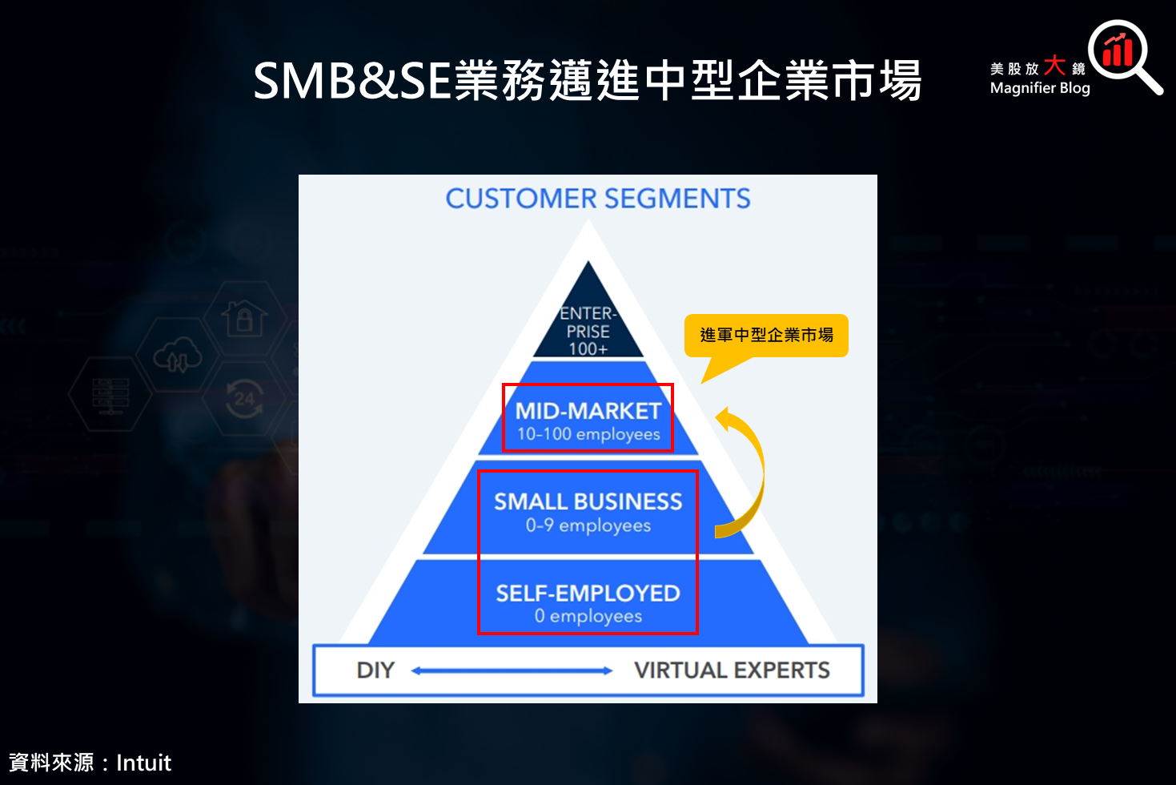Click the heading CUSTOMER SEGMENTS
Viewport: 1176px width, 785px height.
click(597, 199)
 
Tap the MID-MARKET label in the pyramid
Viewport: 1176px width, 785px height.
click(588, 411)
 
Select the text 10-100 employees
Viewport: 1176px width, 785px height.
click(588, 435)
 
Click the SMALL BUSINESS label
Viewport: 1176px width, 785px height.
click(588, 501)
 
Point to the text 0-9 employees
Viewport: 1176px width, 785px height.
click(588, 526)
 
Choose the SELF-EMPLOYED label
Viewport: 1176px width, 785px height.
click(588, 594)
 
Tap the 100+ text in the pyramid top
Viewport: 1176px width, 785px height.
click(588, 349)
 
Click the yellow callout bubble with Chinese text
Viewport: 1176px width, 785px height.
click(766, 335)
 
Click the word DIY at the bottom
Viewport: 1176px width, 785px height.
click(375, 670)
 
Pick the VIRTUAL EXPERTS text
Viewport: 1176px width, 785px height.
click(731, 670)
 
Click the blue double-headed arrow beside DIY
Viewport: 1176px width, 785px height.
click(512, 670)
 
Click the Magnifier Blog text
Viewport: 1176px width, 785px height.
click(1039, 88)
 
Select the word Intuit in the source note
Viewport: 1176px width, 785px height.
click(143, 763)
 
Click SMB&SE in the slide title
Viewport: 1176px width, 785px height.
click(352, 81)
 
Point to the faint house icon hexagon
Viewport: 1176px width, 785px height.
click(244, 318)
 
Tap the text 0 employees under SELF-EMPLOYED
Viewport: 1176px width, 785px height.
click(588, 617)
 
